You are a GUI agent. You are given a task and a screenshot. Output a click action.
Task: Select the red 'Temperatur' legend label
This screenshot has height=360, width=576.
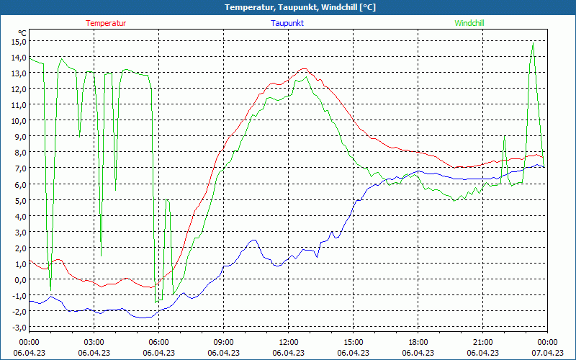106,23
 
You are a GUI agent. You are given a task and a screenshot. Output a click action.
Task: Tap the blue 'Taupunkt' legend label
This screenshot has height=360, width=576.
287,23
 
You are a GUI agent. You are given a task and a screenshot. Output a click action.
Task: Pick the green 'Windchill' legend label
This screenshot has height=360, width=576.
469,23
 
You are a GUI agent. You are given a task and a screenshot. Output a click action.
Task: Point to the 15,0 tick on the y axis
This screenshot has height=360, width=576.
18,41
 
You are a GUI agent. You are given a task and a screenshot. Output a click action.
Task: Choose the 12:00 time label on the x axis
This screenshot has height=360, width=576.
288,341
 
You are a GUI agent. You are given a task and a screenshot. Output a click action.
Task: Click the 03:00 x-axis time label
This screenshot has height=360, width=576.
94,341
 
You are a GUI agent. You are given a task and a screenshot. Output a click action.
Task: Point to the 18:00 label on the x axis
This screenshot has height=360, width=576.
418,341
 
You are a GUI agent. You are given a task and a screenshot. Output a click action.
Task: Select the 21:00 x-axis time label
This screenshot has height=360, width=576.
482,341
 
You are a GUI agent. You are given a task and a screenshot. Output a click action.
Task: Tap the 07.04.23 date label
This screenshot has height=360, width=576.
547,353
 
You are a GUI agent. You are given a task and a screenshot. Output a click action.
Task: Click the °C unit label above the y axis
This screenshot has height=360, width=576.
22,32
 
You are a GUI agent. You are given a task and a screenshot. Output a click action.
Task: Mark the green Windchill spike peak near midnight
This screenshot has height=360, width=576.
533,43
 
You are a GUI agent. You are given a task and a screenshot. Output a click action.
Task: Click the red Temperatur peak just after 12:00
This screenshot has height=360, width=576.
304,69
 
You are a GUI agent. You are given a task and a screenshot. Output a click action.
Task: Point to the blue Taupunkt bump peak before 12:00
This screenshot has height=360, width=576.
253,240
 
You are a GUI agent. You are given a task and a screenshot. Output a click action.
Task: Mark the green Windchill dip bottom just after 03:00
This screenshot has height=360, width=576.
102,255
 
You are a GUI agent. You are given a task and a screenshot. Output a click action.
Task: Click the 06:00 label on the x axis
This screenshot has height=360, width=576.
158,341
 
